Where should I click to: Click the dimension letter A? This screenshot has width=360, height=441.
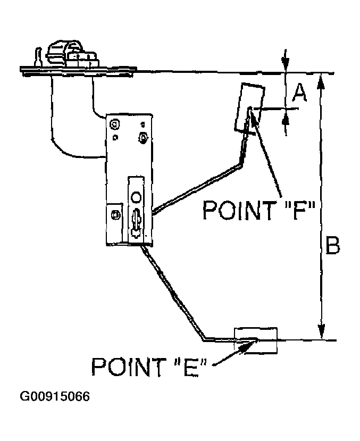click(299, 93)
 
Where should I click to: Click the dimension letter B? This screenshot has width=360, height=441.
click(333, 245)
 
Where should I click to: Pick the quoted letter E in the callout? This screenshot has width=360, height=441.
click(191, 367)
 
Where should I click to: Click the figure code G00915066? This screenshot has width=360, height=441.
click(55, 396)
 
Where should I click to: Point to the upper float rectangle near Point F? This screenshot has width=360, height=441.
click(249, 107)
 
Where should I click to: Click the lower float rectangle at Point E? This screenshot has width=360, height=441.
click(256, 340)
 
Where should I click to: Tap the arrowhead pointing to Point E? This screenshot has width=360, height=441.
click(249, 346)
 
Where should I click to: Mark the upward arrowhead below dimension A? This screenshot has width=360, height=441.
click(286, 122)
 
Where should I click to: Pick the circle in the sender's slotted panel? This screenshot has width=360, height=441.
click(136, 197)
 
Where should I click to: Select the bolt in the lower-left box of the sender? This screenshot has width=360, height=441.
click(115, 215)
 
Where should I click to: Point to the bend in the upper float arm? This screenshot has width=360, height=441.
click(240, 164)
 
